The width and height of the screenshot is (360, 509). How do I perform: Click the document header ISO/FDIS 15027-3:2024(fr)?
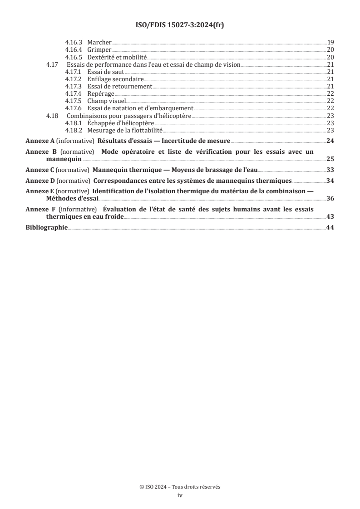pos(180,25)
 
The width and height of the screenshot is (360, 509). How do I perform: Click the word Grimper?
pos(99,49)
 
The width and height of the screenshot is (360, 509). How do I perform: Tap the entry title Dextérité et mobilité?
pos(118,57)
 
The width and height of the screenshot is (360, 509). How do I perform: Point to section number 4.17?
pos(52,64)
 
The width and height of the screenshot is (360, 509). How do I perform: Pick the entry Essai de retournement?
pos(119,86)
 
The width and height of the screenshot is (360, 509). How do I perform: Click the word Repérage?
pos(101,93)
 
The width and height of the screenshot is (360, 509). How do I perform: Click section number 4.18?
pos(52,116)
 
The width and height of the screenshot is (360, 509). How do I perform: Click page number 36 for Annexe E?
pos(330,199)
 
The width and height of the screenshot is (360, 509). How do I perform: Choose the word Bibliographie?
pos(47,228)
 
